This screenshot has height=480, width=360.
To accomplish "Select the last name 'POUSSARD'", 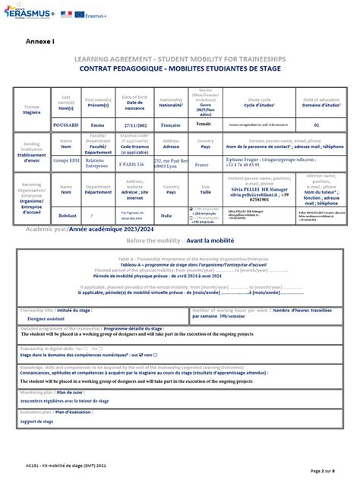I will [65, 124].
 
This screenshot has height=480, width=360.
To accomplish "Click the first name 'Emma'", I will [97, 124].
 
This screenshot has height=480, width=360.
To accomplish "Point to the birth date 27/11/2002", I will [134, 124].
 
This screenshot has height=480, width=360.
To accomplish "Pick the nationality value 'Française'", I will [171, 124].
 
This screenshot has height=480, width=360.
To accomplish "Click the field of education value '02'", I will [317, 124].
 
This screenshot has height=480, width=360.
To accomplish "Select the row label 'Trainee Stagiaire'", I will [32, 108].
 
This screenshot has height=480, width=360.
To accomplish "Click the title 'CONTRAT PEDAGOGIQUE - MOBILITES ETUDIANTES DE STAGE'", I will [179, 68].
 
